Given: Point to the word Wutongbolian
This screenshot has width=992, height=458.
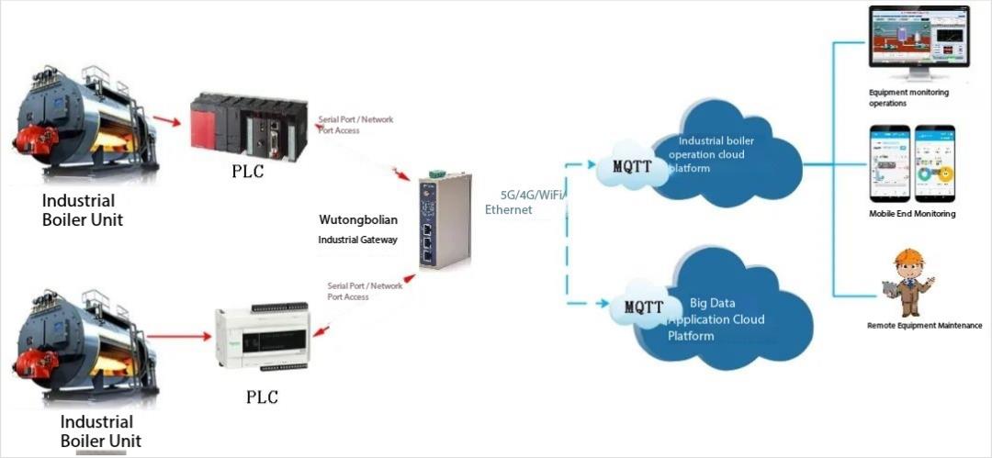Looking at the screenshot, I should pyautogui.click(x=357, y=220).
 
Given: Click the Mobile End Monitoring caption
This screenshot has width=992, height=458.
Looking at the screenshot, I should pyautogui.click(x=912, y=214).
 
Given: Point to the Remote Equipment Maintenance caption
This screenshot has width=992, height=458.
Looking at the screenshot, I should pyautogui.click(x=924, y=326).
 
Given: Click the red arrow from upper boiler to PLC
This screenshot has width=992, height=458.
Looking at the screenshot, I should pyautogui.click(x=166, y=120).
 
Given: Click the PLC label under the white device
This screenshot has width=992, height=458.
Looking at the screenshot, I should pyautogui.click(x=261, y=397).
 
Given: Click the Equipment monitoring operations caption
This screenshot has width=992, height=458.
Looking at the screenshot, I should pyautogui.click(x=908, y=97).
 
